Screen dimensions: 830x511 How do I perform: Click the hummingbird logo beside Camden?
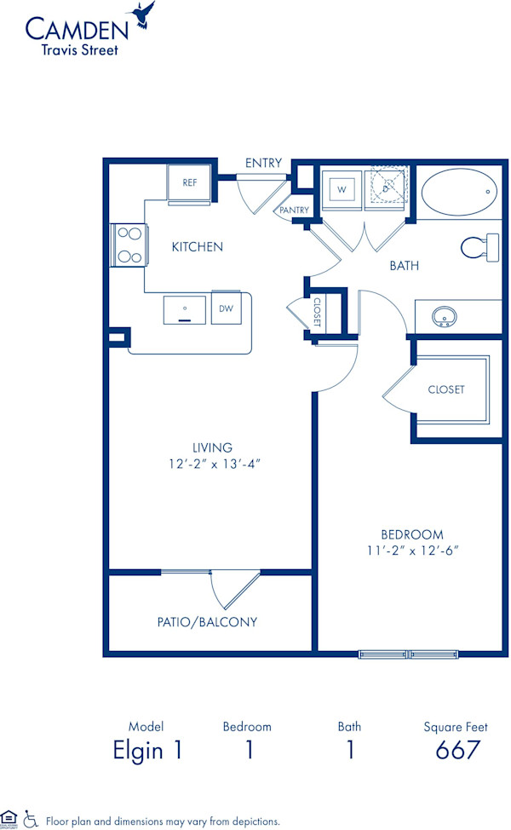click(x=142, y=14)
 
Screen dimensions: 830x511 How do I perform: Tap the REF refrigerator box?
click(x=189, y=182)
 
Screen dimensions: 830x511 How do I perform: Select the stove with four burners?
click(x=128, y=245)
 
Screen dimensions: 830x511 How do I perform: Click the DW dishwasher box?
click(x=227, y=308)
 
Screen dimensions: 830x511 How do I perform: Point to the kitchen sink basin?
click(x=185, y=309)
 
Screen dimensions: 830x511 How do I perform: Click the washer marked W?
click(x=342, y=189)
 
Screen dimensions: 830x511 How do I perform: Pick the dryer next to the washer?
click(x=388, y=188)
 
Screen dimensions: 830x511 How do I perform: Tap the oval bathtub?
click(x=457, y=193)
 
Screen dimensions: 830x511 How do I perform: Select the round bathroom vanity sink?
click(x=444, y=317)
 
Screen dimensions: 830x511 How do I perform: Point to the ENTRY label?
click(x=263, y=163)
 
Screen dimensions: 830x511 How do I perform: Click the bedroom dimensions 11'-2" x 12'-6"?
click(x=407, y=550)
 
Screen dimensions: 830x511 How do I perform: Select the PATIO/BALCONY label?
click(x=207, y=622)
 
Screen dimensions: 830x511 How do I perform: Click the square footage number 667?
click(x=457, y=751)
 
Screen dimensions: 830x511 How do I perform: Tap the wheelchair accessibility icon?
click(x=31, y=819)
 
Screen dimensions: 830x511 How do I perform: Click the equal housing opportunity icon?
click(x=9, y=819)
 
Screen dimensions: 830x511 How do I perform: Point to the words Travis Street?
click(x=81, y=49)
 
